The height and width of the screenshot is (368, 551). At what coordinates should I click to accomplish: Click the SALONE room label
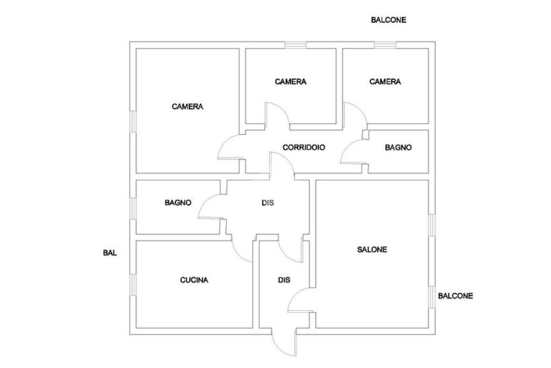372,249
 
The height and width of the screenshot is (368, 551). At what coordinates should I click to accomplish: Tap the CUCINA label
194,280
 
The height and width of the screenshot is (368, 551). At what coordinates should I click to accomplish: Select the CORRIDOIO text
303,148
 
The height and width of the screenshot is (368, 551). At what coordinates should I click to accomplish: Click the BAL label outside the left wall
110,253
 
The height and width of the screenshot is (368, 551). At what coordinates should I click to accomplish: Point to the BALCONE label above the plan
388,20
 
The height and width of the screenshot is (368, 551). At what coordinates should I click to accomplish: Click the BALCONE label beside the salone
455,296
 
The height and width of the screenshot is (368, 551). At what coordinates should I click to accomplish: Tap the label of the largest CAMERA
187,106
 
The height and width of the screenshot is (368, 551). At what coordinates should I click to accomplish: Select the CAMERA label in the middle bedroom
291,81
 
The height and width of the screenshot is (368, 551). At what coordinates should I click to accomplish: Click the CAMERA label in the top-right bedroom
385,81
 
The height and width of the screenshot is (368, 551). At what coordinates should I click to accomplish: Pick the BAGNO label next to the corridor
398,148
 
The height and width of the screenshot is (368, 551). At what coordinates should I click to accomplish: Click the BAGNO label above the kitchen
178,203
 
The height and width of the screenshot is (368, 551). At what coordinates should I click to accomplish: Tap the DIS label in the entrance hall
284,280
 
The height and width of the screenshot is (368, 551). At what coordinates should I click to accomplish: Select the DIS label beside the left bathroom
267,203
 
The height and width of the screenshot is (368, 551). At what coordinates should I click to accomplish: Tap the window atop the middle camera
295,45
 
